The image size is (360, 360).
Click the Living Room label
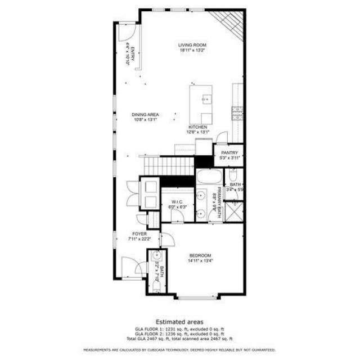193,44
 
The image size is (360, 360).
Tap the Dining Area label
145,114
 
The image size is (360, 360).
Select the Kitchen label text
198,128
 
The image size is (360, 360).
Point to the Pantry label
229,153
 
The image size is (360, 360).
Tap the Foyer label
139,233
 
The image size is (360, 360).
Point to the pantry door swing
223,137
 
